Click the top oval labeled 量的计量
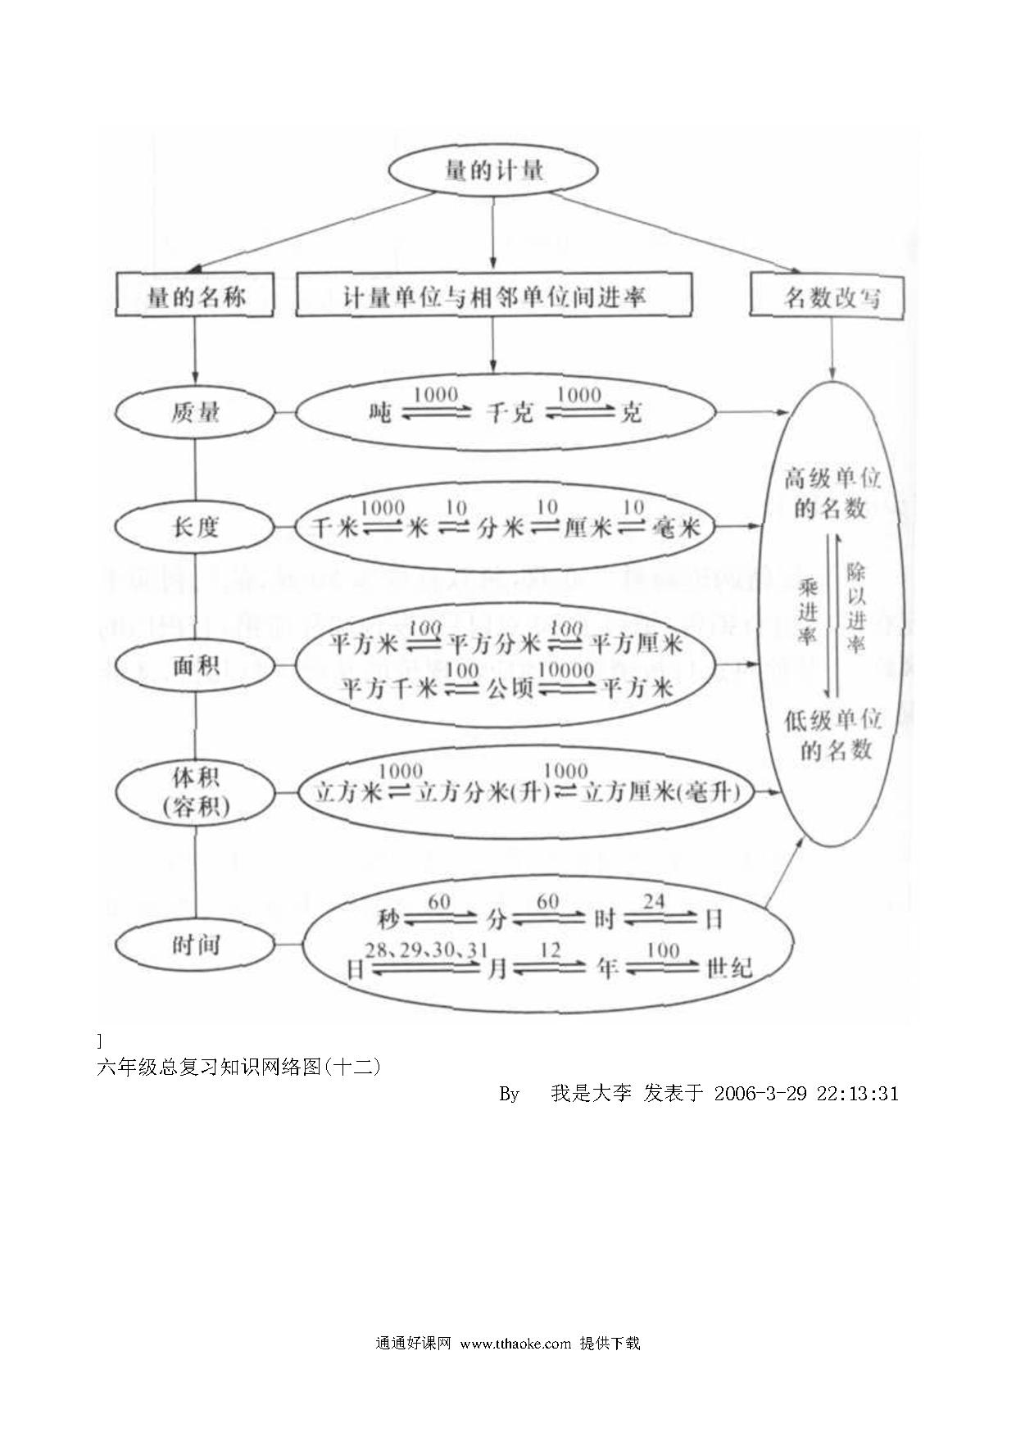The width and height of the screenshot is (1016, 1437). (492, 170)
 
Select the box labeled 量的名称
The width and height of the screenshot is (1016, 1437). (195, 296)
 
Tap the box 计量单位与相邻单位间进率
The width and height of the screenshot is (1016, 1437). (493, 295)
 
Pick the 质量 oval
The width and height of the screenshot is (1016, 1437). (195, 411)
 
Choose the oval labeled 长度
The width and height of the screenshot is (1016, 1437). (195, 526)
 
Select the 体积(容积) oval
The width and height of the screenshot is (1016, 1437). (195, 791)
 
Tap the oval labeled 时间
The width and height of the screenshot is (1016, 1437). (195, 945)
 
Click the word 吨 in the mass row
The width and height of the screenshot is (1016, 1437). (380, 412)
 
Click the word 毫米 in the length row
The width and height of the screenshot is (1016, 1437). (677, 528)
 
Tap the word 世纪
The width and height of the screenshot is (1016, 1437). (728, 968)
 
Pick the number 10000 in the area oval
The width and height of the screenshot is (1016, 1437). (566, 669)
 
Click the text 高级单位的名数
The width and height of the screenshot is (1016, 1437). (832, 493)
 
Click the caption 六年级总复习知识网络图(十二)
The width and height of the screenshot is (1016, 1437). (239, 1067)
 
